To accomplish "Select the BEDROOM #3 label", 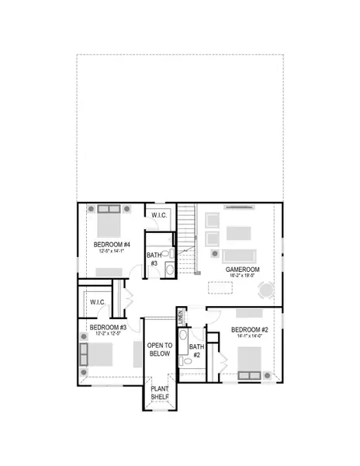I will pos(108,328).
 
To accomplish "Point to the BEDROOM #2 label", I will pos(249,330).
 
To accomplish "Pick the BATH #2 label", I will pos(196,351).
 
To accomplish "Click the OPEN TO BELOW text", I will pos(158,349).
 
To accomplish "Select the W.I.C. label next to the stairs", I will pos(159,215).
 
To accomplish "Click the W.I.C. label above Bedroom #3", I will pos(98,302).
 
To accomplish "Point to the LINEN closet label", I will pos(180,317).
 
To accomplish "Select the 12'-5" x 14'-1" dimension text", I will pos(108,252).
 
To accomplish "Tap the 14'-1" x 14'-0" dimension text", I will pos(249,337).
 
